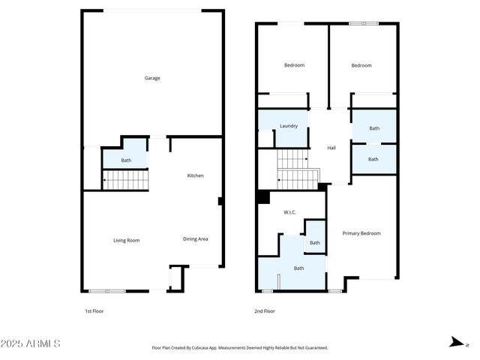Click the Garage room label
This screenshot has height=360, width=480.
(x=152, y=78)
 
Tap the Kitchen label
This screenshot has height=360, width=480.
(x=195, y=175)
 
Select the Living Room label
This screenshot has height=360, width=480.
(x=126, y=240)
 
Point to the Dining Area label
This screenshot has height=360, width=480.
(x=195, y=239)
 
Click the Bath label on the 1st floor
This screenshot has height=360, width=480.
(x=126, y=160)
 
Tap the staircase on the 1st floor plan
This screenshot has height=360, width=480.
(x=126, y=180)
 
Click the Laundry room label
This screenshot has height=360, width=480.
(x=289, y=126)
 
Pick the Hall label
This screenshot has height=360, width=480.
(x=331, y=148)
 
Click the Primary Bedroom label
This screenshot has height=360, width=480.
(x=361, y=233)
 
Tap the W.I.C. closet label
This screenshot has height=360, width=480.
(x=289, y=212)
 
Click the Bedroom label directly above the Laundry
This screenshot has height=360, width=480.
(x=294, y=65)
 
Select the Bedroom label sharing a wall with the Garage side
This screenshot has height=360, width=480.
(x=361, y=65)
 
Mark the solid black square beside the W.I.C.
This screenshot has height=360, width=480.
(x=263, y=197)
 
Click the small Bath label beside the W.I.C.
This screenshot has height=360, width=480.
(x=315, y=242)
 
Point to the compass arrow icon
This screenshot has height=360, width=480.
(x=454, y=343)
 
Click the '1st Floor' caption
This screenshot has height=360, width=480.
(x=94, y=310)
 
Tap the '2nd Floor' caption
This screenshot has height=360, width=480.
(x=265, y=310)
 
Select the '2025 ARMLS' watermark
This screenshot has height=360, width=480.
(x=31, y=344)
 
